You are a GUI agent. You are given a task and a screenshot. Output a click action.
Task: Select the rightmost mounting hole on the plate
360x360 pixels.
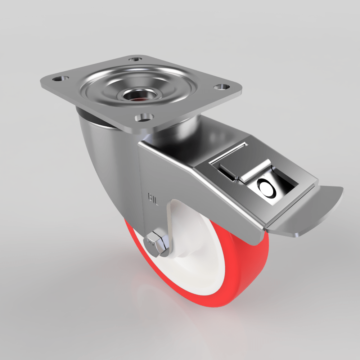(x=220, y=87)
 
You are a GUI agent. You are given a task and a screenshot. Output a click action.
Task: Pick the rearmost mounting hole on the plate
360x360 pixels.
(x=135, y=59)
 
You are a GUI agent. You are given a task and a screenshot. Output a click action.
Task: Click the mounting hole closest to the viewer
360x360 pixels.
(x=144, y=117)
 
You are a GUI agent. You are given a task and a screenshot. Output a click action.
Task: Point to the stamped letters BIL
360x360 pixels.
(x=153, y=198)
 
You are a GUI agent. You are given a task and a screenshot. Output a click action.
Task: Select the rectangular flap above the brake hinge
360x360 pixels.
(x=230, y=158)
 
